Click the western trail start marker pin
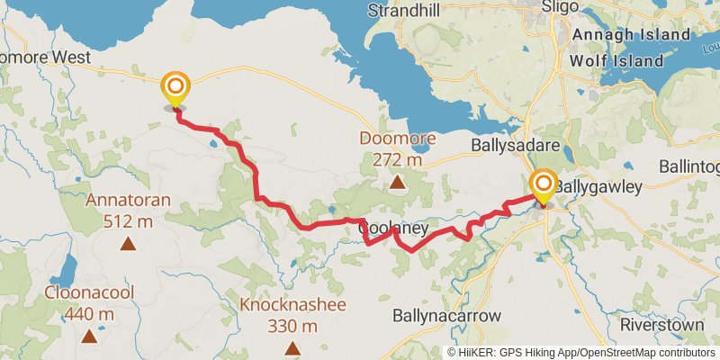tap(175, 89)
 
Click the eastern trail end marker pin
tap(544, 187)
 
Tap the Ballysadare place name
tap(517, 144)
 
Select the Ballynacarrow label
tap(446, 316)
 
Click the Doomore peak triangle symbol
tap(397, 183)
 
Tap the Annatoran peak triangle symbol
tap(129, 243)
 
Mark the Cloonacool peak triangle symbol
tap(88, 337)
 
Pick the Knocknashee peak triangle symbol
tap(292, 347)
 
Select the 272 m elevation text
tap(397, 159)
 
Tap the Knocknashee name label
tap(292, 304)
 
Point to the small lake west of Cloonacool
tap(66, 267)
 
